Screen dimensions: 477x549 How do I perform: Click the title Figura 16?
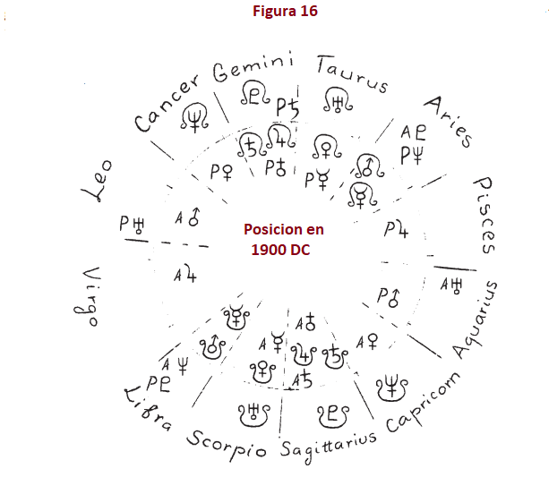(285, 12)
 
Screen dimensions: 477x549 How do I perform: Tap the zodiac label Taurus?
(352, 73)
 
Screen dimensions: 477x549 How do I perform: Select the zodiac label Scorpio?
(227, 443)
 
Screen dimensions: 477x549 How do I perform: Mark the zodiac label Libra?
(148, 409)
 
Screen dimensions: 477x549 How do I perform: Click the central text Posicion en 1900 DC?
(284, 239)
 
